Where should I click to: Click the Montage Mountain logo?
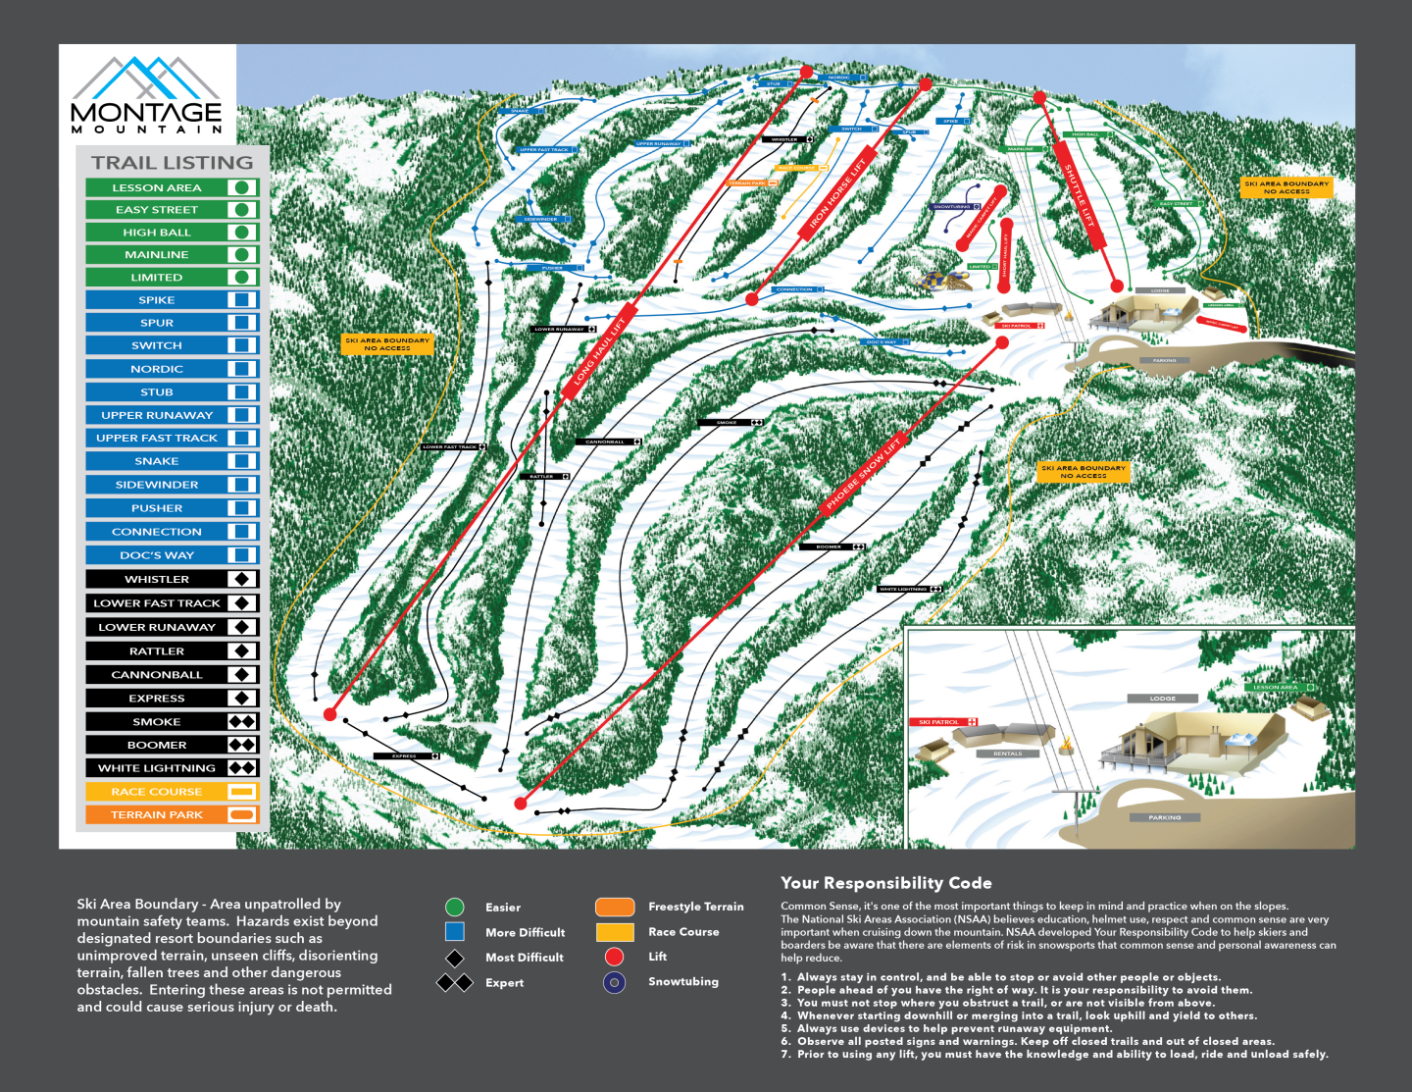[x=147, y=96]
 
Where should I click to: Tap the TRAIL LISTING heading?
[x=172, y=163]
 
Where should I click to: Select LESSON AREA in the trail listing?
[x=157, y=187]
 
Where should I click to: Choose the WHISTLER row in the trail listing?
[x=157, y=579]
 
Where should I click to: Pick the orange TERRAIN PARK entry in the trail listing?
[x=157, y=814]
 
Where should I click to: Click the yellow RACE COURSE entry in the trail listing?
[x=157, y=792]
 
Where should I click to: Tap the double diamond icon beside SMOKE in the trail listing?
[x=242, y=721]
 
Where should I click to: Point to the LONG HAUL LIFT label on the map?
[x=599, y=351]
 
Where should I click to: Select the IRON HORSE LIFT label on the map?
[x=837, y=197]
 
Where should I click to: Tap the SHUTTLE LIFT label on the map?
[x=1080, y=196]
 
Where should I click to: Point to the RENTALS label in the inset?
[x=1007, y=754]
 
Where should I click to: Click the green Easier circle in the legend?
[x=455, y=907]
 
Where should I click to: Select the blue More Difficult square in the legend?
[x=455, y=931]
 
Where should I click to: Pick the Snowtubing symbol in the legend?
[x=615, y=981]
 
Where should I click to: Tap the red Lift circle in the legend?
[x=615, y=957]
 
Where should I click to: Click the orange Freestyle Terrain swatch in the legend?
[x=615, y=907]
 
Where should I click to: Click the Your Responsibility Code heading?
[x=885, y=883]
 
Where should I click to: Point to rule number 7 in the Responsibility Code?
[x=1059, y=1054]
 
